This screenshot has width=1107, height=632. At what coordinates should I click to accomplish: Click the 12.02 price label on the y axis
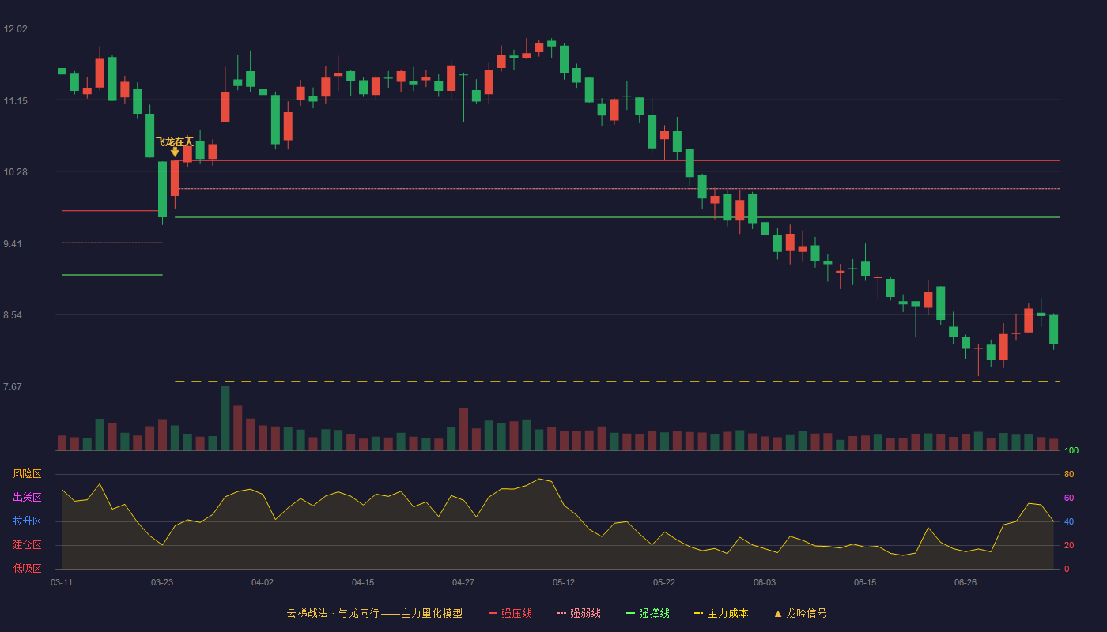[x=15, y=29]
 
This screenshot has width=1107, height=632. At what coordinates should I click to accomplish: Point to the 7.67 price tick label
[x=13, y=386]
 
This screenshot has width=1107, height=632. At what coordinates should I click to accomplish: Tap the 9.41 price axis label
[x=13, y=244]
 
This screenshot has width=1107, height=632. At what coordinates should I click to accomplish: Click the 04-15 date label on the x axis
[x=363, y=583]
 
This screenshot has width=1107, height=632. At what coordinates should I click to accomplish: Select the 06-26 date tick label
[x=965, y=583]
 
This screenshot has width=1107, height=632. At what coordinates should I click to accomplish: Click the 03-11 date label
[x=62, y=583]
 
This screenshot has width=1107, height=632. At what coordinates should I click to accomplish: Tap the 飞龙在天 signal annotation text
[x=175, y=142]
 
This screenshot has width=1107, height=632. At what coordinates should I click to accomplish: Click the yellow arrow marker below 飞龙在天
[x=175, y=152]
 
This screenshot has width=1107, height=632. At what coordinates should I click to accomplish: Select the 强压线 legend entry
[x=510, y=613]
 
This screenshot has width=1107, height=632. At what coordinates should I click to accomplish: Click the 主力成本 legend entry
[x=721, y=613]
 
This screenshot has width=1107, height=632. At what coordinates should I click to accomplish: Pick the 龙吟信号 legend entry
[x=800, y=613]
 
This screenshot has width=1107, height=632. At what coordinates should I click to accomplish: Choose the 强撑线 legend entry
[x=648, y=613]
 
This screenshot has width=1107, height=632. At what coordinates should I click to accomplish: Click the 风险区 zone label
[x=27, y=474]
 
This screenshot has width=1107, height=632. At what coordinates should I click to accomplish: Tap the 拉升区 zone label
[x=27, y=521]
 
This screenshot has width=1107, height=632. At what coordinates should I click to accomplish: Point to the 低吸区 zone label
[x=27, y=569]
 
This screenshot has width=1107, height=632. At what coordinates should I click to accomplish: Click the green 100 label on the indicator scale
[x=1071, y=451]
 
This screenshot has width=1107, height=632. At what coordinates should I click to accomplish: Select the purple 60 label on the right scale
[x=1069, y=498]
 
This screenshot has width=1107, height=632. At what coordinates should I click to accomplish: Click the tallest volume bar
[x=225, y=418]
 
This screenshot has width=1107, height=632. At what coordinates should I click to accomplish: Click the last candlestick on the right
[x=1053, y=329]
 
